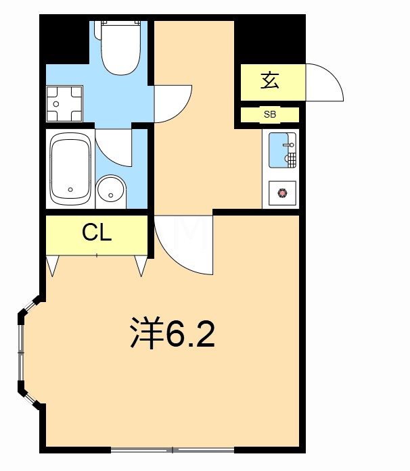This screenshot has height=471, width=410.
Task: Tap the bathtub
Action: (70, 169)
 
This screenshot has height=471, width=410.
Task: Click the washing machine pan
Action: (64, 103)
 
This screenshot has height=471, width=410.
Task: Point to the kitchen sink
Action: (281, 150)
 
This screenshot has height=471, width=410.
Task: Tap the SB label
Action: (270, 115)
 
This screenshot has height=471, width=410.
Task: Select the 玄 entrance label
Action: (269, 82)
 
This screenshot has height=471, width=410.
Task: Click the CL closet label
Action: (96, 233)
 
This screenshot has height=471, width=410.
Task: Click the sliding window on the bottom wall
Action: (173, 449)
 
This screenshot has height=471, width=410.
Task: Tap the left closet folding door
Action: (52, 266)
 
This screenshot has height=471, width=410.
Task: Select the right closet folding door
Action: (141, 266)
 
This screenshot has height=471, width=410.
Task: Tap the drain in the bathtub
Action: (70, 190)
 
